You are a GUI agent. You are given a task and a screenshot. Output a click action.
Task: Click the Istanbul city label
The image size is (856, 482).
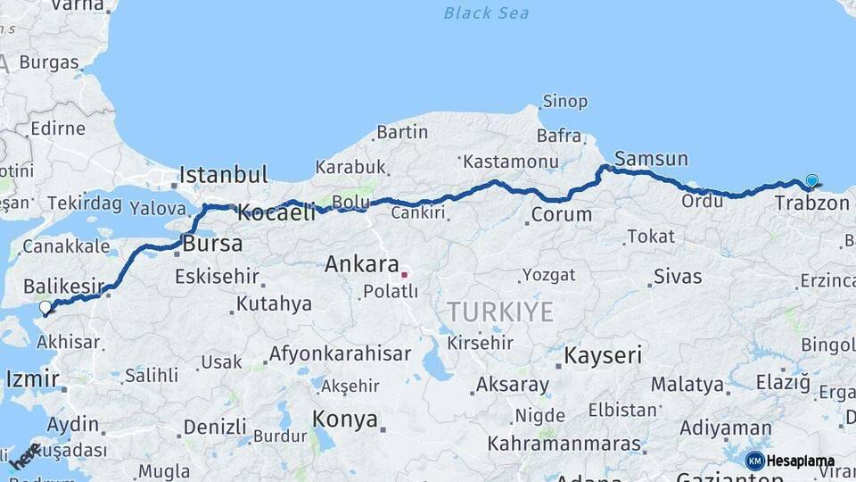pos(224,174)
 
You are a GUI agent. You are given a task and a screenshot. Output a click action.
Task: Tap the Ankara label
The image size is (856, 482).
pos(360,264)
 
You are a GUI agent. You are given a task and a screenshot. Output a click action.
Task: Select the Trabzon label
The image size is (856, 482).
pos(811,204)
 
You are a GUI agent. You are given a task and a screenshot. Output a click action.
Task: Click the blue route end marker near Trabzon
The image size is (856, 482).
pos(811,181)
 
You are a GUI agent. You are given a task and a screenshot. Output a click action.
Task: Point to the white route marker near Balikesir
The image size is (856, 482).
pos(45,308)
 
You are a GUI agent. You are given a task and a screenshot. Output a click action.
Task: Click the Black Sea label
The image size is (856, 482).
pos(486,12)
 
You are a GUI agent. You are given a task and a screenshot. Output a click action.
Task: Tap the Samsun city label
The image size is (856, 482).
pos(651,159)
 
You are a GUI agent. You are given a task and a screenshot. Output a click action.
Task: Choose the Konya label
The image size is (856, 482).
pos(344,419)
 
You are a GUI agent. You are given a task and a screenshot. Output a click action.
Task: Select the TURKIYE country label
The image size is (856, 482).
pos(499,312)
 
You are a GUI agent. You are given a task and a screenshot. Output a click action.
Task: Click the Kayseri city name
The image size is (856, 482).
pos(602,355)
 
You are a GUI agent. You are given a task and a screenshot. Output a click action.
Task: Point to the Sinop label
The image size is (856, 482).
pos(565,102)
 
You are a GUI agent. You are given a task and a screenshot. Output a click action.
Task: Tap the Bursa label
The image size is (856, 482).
pos(212,244)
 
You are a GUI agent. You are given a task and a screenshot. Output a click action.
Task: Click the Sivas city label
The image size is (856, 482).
pos(677,276)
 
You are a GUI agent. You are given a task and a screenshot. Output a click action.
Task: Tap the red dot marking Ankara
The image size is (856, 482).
pos(404,274)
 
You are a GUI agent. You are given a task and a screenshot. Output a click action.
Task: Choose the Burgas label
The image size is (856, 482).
pos(49,62)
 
